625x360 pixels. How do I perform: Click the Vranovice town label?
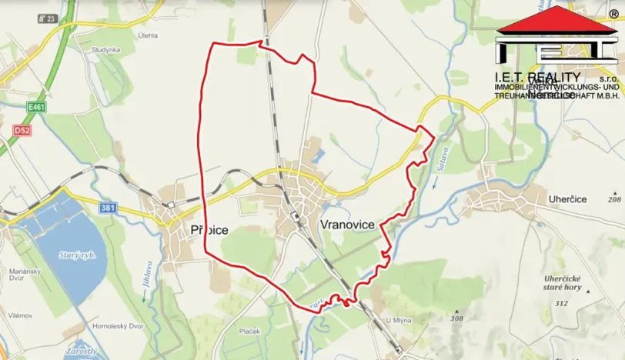point(346,224)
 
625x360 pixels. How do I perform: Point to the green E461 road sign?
point(35,107)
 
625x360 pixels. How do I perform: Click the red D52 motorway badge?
point(21,132)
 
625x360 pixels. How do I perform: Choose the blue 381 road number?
point(109,208)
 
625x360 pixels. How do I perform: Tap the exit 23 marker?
point(50,18)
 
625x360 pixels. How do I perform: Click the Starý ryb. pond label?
point(75,255)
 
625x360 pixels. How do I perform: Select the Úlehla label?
point(148,35)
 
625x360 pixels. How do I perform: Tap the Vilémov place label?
point(19,315)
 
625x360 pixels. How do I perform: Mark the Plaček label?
point(249,331)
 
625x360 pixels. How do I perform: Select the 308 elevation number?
point(458,318)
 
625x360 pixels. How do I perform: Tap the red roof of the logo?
point(556,20)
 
